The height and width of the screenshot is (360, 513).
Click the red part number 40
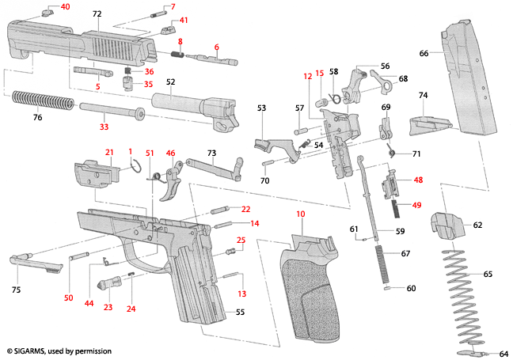(65, 6)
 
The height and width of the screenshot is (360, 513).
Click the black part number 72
(97, 14)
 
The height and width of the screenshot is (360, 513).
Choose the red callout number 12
(308, 76)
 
